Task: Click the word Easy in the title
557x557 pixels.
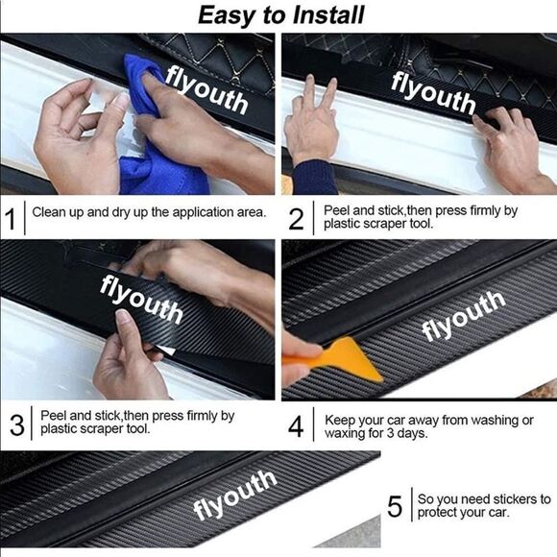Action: coord(228,16)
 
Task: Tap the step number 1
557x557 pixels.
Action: coord(11,218)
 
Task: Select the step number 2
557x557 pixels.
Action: coord(296,219)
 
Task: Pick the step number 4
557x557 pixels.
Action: coord(296,426)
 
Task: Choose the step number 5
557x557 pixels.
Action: coord(395,506)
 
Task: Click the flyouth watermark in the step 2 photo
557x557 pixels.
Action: coord(433,93)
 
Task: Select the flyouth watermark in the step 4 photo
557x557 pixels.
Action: coord(463,316)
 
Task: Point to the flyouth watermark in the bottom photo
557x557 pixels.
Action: coord(234,496)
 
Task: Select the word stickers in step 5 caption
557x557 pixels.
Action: coord(516,499)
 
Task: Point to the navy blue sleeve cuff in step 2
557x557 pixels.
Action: coord(314,178)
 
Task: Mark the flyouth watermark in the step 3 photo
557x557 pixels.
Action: coord(141,299)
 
